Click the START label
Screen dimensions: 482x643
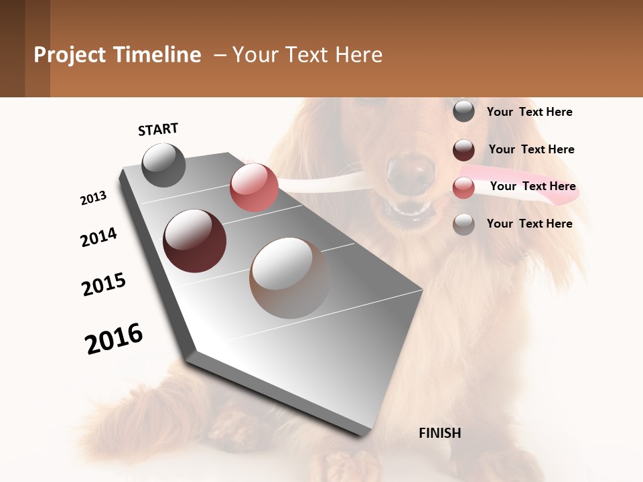click(x=158, y=129)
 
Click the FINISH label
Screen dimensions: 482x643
click(x=439, y=433)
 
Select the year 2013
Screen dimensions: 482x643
click(x=93, y=198)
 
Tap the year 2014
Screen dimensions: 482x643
click(x=98, y=237)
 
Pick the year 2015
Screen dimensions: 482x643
click(x=104, y=285)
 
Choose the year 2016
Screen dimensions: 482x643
click(x=114, y=339)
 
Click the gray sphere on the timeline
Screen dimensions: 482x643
click(x=163, y=165)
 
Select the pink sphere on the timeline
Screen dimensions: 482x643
click(x=254, y=187)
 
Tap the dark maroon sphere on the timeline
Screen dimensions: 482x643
click(x=194, y=241)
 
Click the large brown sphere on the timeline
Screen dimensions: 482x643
click(x=289, y=278)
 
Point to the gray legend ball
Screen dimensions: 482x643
click(x=463, y=111)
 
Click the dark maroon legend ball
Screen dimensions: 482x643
click(x=463, y=150)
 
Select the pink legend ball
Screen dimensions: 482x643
click(x=463, y=187)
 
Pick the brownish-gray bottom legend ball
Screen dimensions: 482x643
click(x=463, y=224)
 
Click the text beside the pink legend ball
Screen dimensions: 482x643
click(x=532, y=186)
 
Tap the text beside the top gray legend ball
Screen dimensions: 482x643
click(x=529, y=112)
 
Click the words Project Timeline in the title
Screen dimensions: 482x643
click(x=117, y=55)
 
